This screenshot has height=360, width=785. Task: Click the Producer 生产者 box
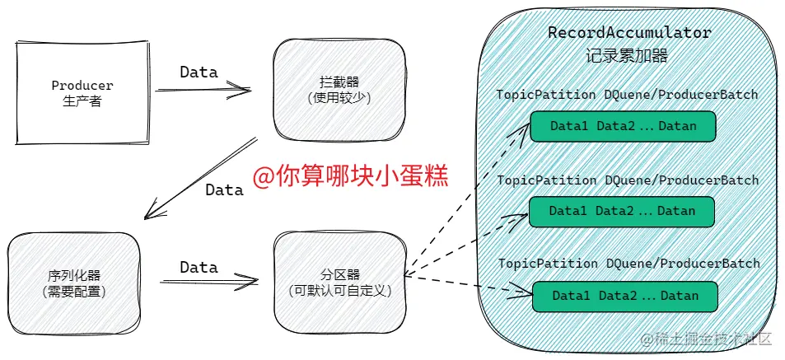pyautogui.click(x=82, y=93)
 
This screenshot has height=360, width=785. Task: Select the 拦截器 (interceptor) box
pyautogui.click(x=339, y=90)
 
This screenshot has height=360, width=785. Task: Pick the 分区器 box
pyautogui.click(x=339, y=282)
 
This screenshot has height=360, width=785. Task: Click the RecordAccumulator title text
pyautogui.click(x=629, y=33)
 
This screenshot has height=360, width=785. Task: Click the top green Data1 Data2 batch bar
pyautogui.click(x=623, y=126)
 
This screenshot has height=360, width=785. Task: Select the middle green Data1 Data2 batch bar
pyautogui.click(x=622, y=211)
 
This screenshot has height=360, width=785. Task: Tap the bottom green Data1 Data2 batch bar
pyautogui.click(x=625, y=296)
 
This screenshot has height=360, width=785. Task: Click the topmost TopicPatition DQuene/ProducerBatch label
pyautogui.click(x=627, y=95)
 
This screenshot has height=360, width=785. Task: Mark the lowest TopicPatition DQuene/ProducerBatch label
pyautogui.click(x=628, y=264)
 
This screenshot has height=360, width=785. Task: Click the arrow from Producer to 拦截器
pyautogui.click(x=203, y=90)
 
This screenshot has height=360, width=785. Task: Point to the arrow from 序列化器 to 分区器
pyautogui.click(x=208, y=283)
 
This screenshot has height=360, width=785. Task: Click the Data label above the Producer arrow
pyautogui.click(x=199, y=72)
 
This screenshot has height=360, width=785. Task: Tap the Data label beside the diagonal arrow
pyautogui.click(x=224, y=190)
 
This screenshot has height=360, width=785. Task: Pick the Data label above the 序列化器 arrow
pyautogui.click(x=199, y=268)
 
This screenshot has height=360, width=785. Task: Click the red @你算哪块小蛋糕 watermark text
pyautogui.click(x=350, y=176)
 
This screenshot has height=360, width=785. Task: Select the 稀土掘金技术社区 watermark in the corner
pyautogui.click(x=705, y=339)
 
